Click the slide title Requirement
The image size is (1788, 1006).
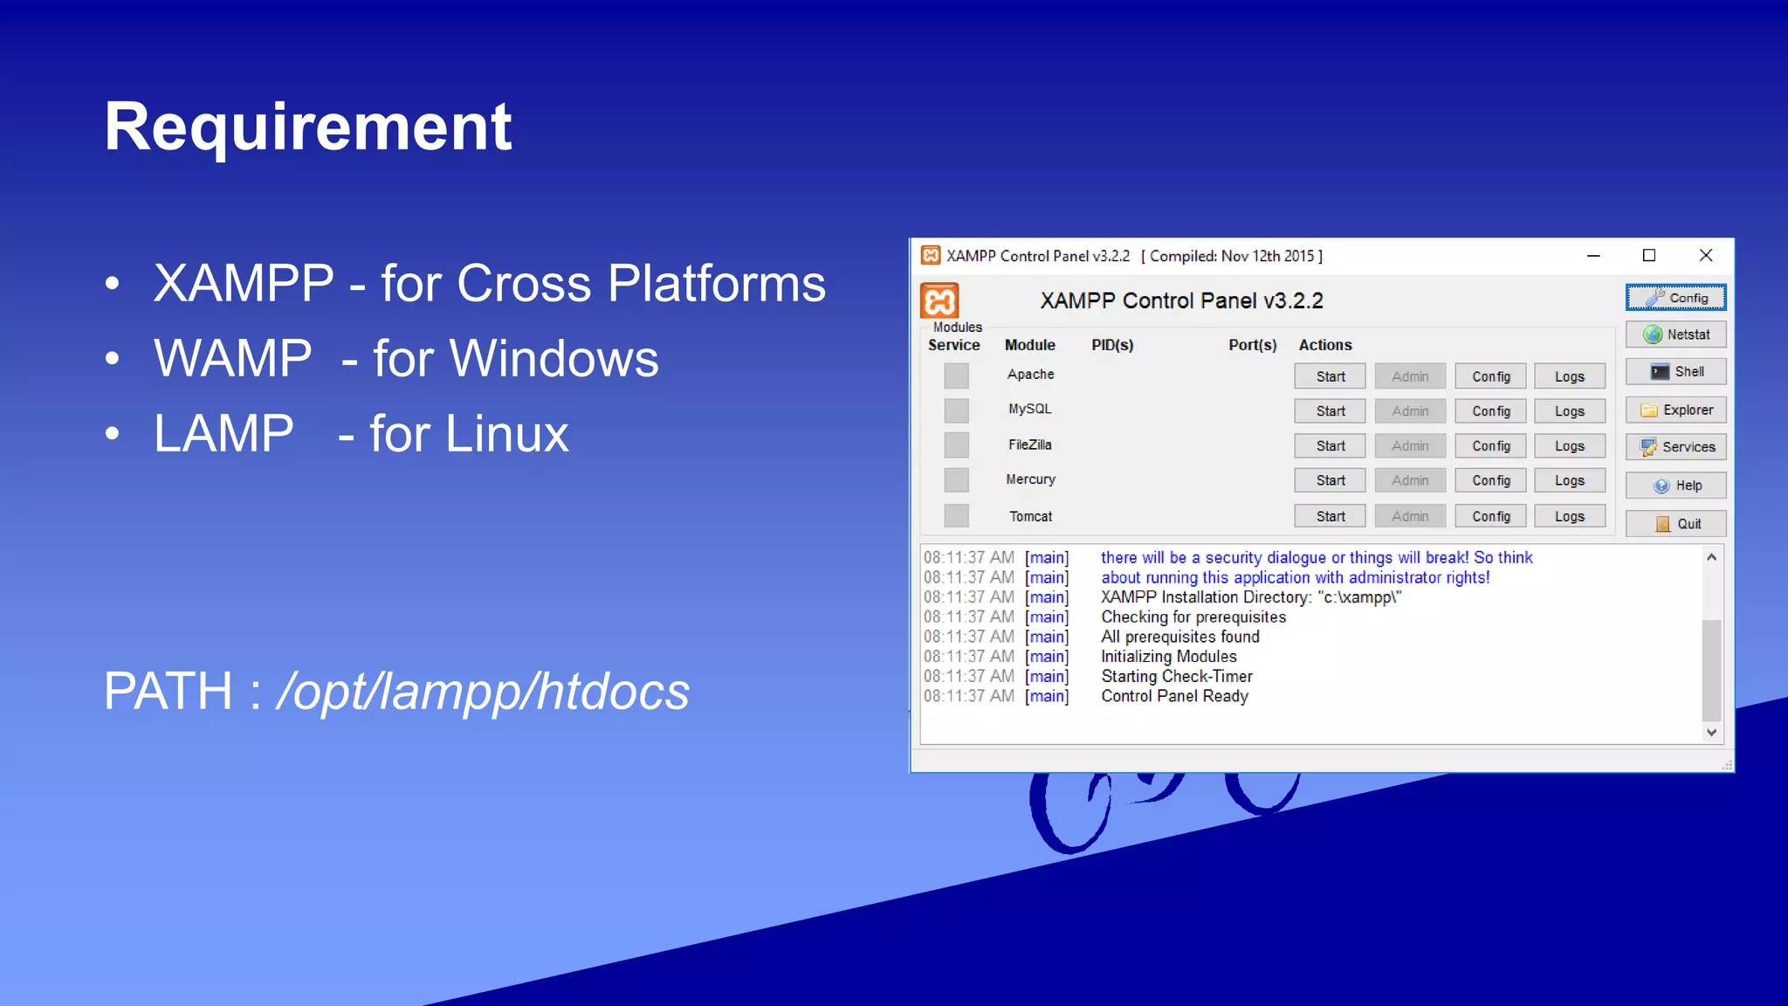coord(307,127)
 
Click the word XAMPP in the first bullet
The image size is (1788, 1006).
coord(244,284)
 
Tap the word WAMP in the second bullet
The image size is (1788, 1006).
coord(232,359)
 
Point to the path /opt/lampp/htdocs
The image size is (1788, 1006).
coord(483,692)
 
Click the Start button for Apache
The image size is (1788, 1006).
coord(1330,376)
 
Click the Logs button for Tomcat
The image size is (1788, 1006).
coord(1569,516)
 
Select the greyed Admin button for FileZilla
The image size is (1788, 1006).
coord(1410,445)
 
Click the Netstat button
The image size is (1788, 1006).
coord(1675,334)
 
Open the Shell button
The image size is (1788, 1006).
coord(1675,372)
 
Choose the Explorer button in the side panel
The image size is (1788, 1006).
coord(1675,410)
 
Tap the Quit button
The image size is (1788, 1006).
coord(1675,524)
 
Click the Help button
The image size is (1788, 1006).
coord(1675,486)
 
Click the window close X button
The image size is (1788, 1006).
coord(1706,255)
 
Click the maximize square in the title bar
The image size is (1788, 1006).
coord(1649,255)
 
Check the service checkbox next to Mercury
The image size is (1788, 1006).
coord(956,480)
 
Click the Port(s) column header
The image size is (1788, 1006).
coord(1252,345)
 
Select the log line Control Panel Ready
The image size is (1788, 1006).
coord(1174,696)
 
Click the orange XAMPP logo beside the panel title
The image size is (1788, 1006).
coord(939,301)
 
